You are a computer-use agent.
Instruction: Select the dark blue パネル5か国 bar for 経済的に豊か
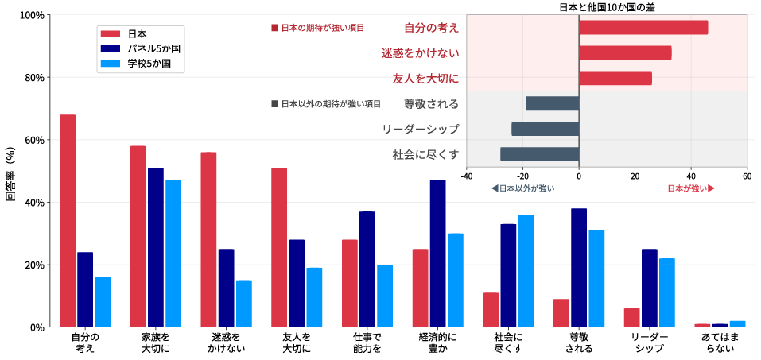tap(438, 254)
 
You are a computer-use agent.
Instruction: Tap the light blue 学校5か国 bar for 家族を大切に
tap(173, 254)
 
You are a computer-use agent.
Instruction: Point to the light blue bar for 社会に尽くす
tap(526, 271)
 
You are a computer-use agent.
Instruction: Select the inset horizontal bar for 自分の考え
tap(643, 28)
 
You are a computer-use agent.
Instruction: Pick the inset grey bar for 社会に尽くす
tap(539, 154)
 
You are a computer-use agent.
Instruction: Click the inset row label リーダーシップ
tap(420, 129)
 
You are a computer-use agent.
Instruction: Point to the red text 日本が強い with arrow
tap(690, 188)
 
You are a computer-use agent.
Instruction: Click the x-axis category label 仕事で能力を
tap(367, 343)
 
